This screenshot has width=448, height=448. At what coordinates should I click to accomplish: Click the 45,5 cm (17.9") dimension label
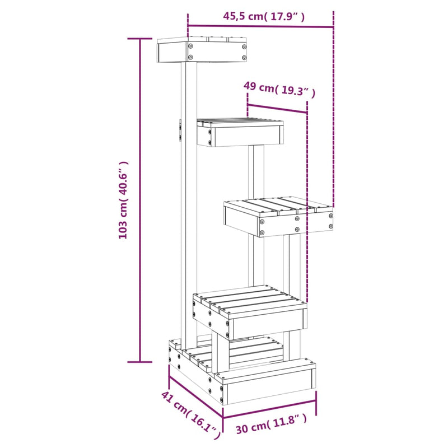coord(264,16)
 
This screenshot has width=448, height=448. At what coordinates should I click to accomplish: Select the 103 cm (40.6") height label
coord(124,200)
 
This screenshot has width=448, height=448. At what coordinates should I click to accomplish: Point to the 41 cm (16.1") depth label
coord(189,413)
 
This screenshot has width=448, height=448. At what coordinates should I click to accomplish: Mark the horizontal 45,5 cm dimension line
coord(260,26)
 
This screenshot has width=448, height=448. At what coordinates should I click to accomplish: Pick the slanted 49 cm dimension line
coord(277,108)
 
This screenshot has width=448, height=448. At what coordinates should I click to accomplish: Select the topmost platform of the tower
coord(202,51)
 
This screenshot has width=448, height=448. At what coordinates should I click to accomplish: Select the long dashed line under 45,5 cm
coord(333,112)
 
